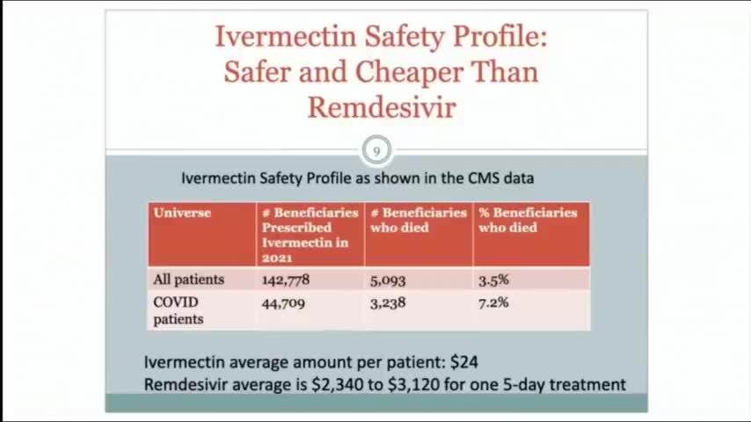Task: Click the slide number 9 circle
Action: coord(376,150)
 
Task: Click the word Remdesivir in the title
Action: coord(381,107)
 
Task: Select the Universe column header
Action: coord(182,213)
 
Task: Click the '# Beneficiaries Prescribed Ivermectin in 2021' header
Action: coord(310,235)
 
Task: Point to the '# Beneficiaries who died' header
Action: coord(418,220)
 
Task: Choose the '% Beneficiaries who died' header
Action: coord(528,220)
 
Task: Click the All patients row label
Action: coord(188,280)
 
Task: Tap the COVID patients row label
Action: coord(178,310)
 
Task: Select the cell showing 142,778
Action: coord(286,280)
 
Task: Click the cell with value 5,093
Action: coord(388,280)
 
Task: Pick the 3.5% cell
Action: coord(493,280)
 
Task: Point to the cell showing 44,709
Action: coord(283,302)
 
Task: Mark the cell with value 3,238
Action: coord(388,302)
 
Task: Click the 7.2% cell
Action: coord(493,302)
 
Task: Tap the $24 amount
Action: coord(463,361)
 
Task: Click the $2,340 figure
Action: coord(336,384)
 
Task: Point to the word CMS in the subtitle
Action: coord(483,178)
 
